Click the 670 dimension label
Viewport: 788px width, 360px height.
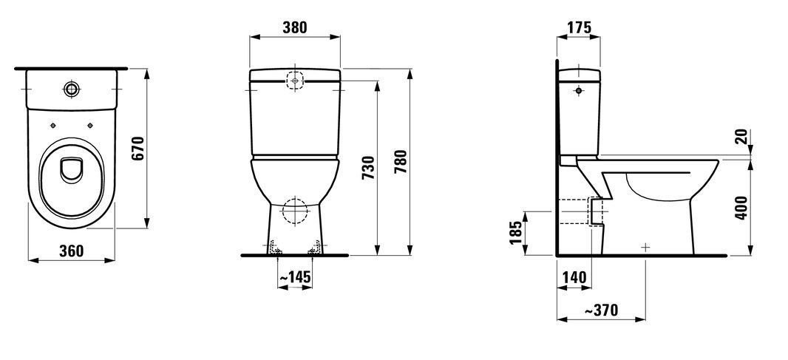coord(139,149)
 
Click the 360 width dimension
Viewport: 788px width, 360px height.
coord(72,251)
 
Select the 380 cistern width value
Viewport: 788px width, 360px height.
coord(294,27)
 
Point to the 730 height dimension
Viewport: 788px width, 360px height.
coord(368,168)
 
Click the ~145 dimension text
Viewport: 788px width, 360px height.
coord(294,276)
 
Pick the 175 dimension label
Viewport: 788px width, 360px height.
coord(579,27)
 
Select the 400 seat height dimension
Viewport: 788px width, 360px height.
coord(741,208)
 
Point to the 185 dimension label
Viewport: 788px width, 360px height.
coord(516,233)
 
